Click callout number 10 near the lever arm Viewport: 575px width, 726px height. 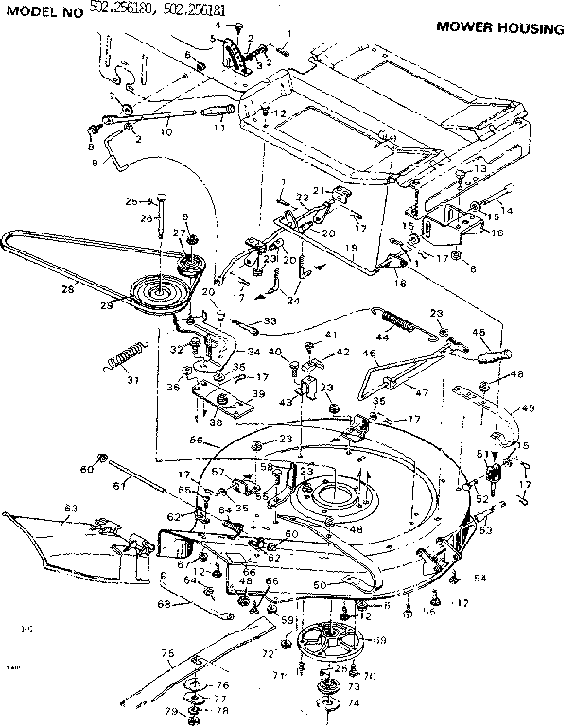[x=166, y=132]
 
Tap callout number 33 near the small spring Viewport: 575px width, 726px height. [x=271, y=320]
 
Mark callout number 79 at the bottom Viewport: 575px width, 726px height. [x=171, y=711]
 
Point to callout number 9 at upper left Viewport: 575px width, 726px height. [x=94, y=162]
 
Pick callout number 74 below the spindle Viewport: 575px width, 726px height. [x=354, y=703]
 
